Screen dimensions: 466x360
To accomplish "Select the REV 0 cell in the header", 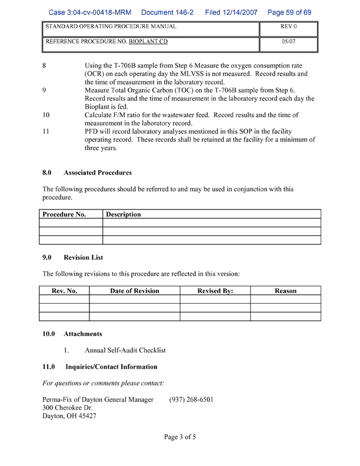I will (288, 27).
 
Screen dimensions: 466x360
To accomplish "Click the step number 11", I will (46, 131).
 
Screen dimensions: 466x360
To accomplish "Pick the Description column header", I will (124, 215).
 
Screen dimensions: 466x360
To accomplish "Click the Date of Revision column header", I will (135, 291).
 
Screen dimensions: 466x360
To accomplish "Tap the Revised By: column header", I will (215, 291).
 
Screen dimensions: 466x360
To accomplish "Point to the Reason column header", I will (285, 291).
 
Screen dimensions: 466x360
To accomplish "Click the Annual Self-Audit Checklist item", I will (125, 350).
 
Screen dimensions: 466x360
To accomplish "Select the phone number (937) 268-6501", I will (191, 400).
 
